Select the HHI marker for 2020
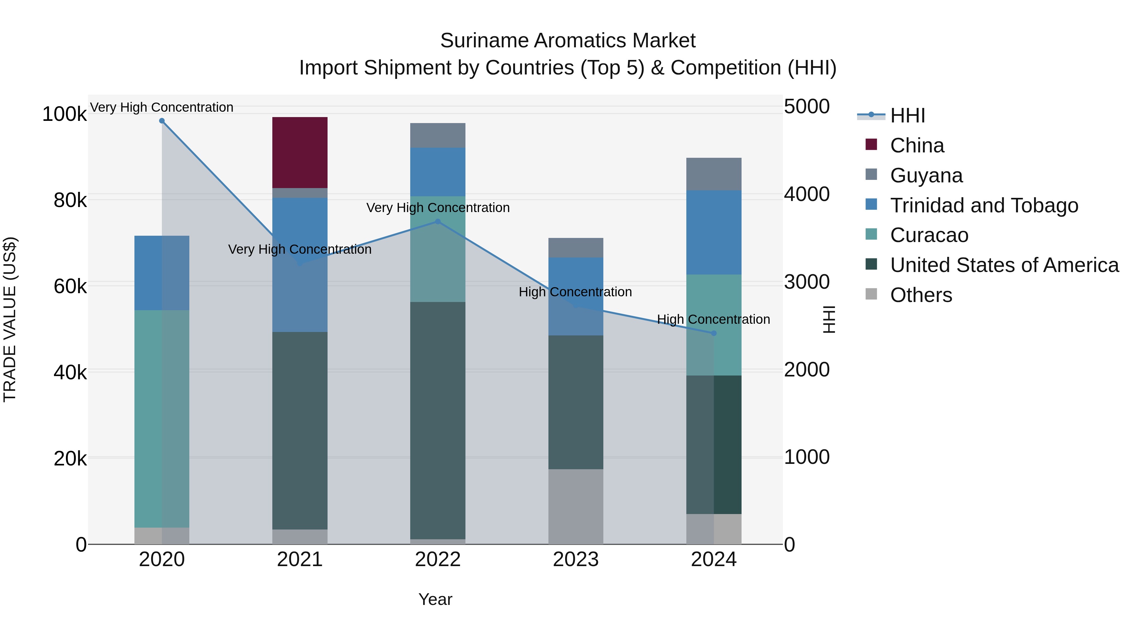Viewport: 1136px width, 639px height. pyautogui.click(x=162, y=121)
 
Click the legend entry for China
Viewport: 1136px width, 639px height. pyautogui.click(x=916, y=145)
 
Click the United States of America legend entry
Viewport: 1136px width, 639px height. pyautogui.click(x=1004, y=265)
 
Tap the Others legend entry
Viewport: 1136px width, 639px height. pyautogui.click(x=921, y=295)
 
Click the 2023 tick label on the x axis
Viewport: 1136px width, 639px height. pyautogui.click(x=576, y=559)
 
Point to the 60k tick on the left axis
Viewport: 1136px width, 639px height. pyautogui.click(x=70, y=287)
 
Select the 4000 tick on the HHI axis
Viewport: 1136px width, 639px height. pyautogui.click(x=807, y=194)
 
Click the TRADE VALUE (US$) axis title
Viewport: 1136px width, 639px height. pyautogui.click(x=10, y=319)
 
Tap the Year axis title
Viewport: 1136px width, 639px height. pyautogui.click(x=435, y=599)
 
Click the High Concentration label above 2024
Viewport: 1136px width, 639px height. pyautogui.click(x=713, y=319)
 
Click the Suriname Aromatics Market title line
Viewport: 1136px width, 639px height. pyautogui.click(x=568, y=41)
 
